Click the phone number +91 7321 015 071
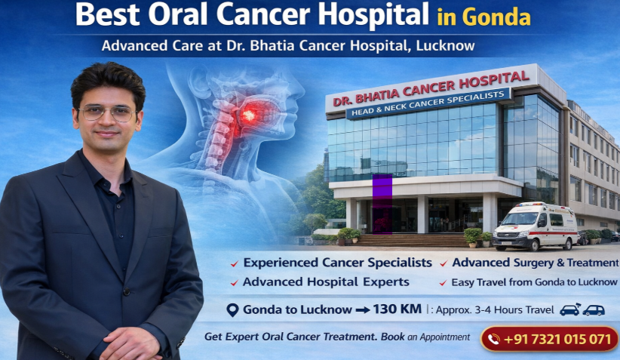[x=557, y=339]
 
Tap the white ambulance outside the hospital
[x=536, y=226]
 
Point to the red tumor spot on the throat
[x=247, y=115]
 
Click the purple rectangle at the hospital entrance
[x=382, y=204]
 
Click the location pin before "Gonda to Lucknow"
[x=234, y=309]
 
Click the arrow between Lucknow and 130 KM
[x=362, y=309]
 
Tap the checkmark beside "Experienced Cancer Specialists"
[x=235, y=264]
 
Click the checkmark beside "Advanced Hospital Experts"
[x=235, y=283]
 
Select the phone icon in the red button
[x=494, y=339]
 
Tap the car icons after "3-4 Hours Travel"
[x=582, y=309]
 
